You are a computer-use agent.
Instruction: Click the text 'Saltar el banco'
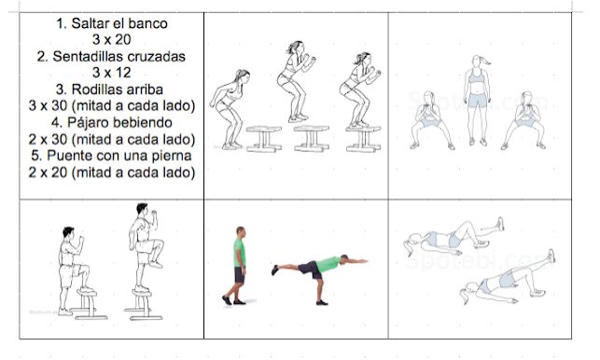click(x=119, y=23)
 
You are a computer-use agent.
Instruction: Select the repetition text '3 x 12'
click(x=112, y=73)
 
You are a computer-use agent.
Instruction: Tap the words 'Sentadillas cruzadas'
click(x=119, y=57)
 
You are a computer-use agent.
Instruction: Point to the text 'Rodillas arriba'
click(x=117, y=90)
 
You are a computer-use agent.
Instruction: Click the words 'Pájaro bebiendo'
click(x=119, y=123)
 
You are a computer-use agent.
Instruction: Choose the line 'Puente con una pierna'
click(x=119, y=156)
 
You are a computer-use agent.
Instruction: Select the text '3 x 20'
click(x=112, y=39)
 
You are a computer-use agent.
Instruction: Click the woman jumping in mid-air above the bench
click(x=296, y=81)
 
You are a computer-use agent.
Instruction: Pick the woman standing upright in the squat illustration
click(x=477, y=100)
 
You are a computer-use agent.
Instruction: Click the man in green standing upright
click(x=237, y=266)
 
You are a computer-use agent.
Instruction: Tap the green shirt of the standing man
click(x=238, y=253)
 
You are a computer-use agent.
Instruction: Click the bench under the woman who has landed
click(x=363, y=139)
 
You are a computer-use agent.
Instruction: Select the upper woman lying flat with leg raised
click(x=453, y=236)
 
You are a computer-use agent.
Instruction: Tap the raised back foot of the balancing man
click(x=274, y=270)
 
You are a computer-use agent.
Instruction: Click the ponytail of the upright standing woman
click(x=485, y=60)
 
